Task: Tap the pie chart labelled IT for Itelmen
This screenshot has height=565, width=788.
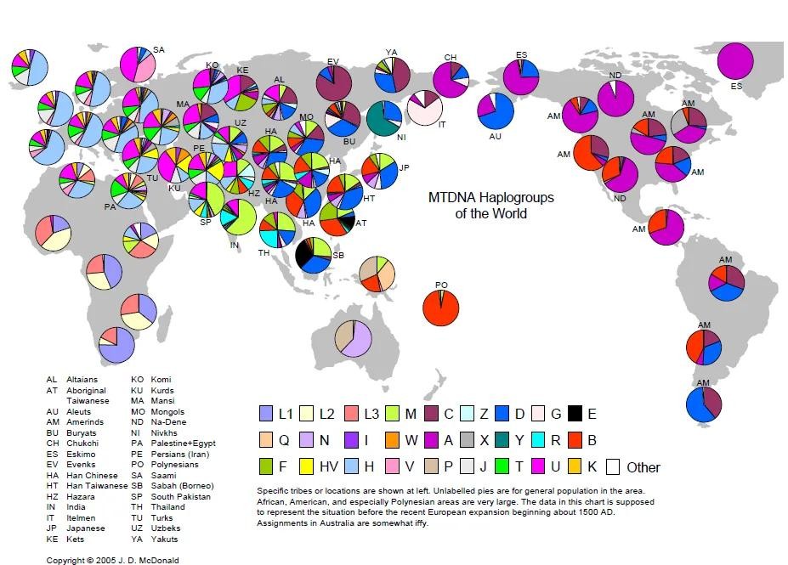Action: click(425, 109)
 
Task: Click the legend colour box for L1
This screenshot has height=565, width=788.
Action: click(266, 414)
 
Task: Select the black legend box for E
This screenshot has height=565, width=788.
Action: click(575, 414)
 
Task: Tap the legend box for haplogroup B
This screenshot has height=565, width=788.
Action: click(575, 440)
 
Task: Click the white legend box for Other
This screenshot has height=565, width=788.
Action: click(612, 466)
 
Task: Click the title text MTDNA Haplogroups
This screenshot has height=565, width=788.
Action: click(490, 198)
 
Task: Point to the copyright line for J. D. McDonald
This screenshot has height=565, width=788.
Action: click(112, 560)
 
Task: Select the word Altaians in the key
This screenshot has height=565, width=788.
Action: click(82, 380)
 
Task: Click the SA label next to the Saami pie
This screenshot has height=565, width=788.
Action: click(158, 50)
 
